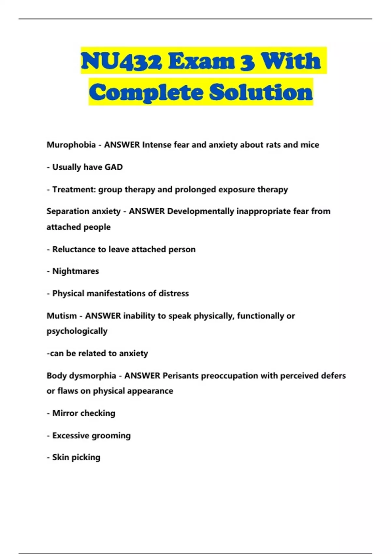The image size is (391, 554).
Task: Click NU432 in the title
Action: pos(121,61)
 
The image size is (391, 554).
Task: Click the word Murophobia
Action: pos(71,145)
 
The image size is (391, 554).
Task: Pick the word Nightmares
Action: pos(76,271)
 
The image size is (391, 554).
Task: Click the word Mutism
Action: pos(61,316)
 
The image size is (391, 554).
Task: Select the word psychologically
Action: pos(77,331)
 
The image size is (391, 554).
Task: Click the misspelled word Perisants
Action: pos(181,376)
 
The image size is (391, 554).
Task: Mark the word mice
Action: pos(310,145)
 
